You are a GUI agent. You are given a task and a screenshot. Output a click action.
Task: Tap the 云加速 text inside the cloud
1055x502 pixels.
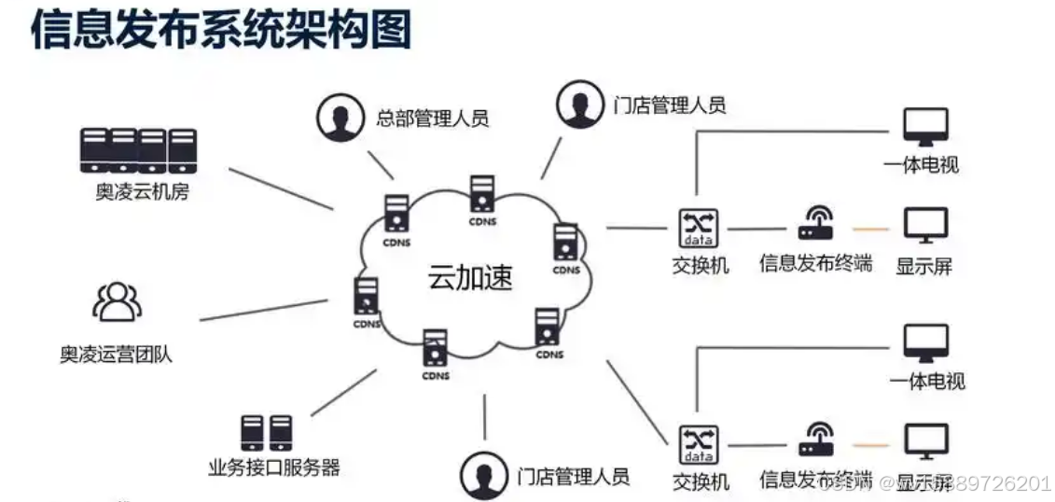click(x=470, y=277)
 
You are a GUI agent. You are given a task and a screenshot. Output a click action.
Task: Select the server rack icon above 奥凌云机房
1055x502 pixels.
click(x=138, y=150)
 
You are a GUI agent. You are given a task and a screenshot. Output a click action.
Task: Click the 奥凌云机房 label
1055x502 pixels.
click(x=142, y=193)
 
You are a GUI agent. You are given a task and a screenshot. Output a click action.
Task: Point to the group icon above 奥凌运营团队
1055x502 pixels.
click(x=117, y=301)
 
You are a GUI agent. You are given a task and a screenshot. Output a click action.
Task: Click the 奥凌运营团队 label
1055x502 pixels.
click(x=117, y=355)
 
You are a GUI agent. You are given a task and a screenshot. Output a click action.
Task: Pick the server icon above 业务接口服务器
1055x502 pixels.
click(x=266, y=433)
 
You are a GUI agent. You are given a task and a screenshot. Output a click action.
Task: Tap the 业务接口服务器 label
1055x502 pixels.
click(x=274, y=467)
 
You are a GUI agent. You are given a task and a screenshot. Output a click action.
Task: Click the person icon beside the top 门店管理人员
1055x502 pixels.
click(x=579, y=104)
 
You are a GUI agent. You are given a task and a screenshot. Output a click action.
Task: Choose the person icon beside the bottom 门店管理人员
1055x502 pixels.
click(x=482, y=475)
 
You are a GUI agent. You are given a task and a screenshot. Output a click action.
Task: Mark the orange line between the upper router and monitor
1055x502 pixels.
click(x=870, y=229)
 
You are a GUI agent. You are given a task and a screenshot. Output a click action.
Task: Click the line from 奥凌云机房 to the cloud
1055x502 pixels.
click(x=280, y=188)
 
